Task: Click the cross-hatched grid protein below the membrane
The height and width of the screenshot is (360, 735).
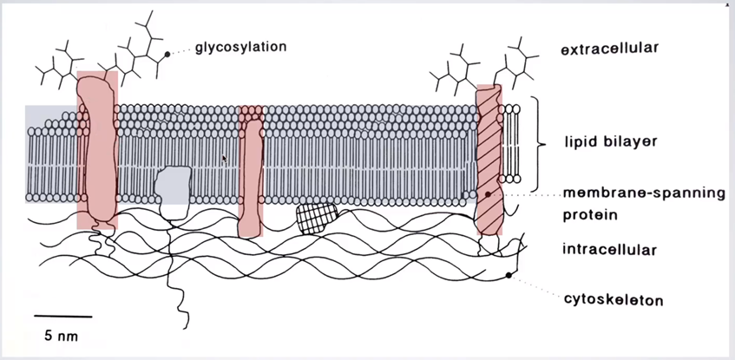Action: pos(315,216)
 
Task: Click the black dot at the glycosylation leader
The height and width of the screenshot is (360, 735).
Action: pos(167,55)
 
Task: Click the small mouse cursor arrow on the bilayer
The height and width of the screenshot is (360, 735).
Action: pos(225,158)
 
